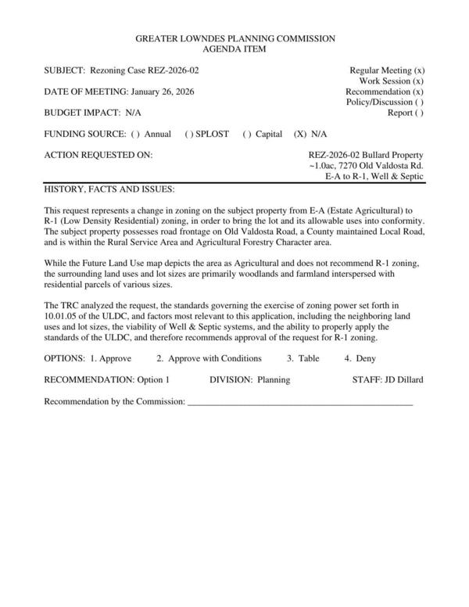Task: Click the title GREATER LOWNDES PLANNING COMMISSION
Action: pyautogui.click(x=234, y=38)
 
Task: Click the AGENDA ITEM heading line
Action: pyautogui.click(x=234, y=48)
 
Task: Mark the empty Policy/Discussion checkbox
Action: pyautogui.click(x=420, y=102)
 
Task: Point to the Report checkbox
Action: pyautogui.click(x=420, y=113)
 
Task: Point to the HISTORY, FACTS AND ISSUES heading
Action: pyautogui.click(x=109, y=190)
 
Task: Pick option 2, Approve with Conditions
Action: pyautogui.click(x=209, y=358)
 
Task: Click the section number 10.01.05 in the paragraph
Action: pyautogui.click(x=63, y=315)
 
